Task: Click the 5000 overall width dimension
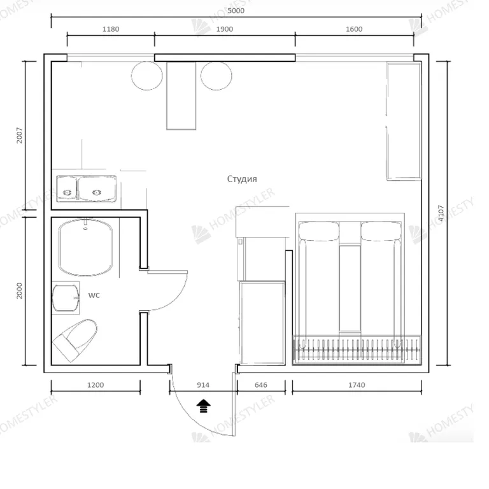click(236, 11)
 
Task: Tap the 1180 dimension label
click(111, 29)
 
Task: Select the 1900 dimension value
click(225, 29)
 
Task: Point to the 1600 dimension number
click(354, 29)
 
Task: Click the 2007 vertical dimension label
click(19, 135)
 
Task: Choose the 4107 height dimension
click(441, 213)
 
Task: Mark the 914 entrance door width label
click(203, 385)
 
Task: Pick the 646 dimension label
click(260, 385)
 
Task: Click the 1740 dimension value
click(357, 385)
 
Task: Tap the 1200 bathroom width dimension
click(96, 385)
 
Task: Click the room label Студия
click(242, 179)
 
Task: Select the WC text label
click(94, 295)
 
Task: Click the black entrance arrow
click(203, 406)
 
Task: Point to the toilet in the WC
click(75, 340)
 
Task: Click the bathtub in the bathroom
click(85, 247)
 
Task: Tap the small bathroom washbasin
click(66, 298)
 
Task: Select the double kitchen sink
click(87, 188)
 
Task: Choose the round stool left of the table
click(147, 76)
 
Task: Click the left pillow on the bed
click(319, 231)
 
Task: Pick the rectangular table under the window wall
click(181, 96)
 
